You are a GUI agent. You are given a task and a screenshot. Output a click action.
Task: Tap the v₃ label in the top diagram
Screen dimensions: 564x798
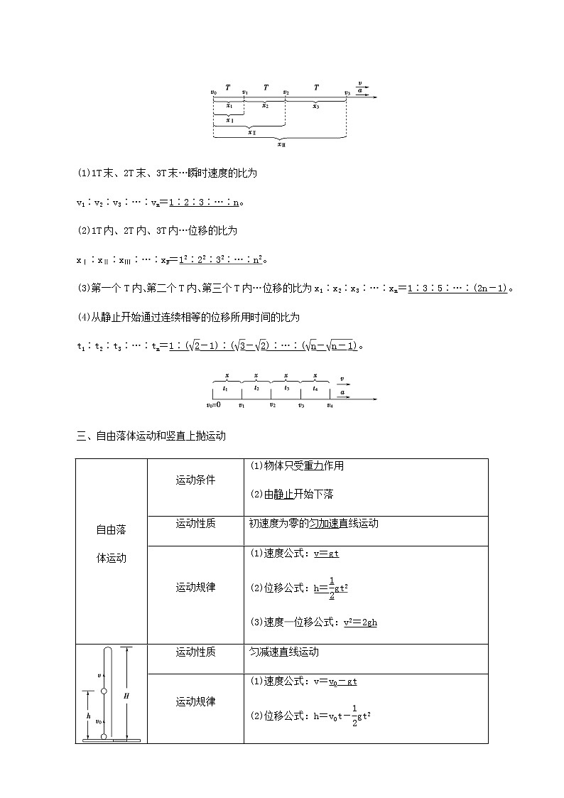(x=347, y=92)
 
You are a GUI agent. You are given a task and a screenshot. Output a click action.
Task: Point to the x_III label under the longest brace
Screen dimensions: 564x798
(x=281, y=144)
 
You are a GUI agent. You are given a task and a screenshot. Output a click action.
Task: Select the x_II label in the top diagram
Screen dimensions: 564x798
(x=251, y=132)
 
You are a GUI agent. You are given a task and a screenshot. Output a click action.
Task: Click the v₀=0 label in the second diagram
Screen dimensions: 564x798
(x=213, y=405)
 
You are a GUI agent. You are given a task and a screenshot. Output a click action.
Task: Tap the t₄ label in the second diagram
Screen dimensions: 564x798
(x=315, y=389)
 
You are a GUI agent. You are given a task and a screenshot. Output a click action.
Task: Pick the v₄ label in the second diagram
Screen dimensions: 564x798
(x=330, y=405)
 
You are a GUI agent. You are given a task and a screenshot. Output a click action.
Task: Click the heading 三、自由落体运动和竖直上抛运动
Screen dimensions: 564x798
(x=151, y=436)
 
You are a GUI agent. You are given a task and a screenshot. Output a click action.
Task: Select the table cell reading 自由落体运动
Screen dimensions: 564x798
(x=111, y=544)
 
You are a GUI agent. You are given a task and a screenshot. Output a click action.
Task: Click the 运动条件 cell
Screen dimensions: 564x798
(x=195, y=480)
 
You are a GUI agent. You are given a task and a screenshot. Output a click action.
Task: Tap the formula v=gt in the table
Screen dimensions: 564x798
(x=331, y=554)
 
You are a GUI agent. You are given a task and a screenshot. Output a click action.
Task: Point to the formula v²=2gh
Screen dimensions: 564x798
(x=360, y=622)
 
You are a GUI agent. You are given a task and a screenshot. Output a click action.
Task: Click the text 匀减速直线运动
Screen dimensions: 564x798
(x=284, y=652)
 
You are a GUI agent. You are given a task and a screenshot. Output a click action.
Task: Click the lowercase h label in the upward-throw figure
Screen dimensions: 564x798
(x=88, y=716)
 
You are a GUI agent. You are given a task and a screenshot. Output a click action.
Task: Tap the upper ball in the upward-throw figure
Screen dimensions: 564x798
(x=104, y=691)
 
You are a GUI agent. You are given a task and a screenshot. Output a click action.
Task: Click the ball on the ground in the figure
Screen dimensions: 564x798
(x=104, y=736)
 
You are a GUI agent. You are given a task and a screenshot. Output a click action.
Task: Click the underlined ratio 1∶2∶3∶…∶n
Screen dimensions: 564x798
(x=205, y=203)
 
